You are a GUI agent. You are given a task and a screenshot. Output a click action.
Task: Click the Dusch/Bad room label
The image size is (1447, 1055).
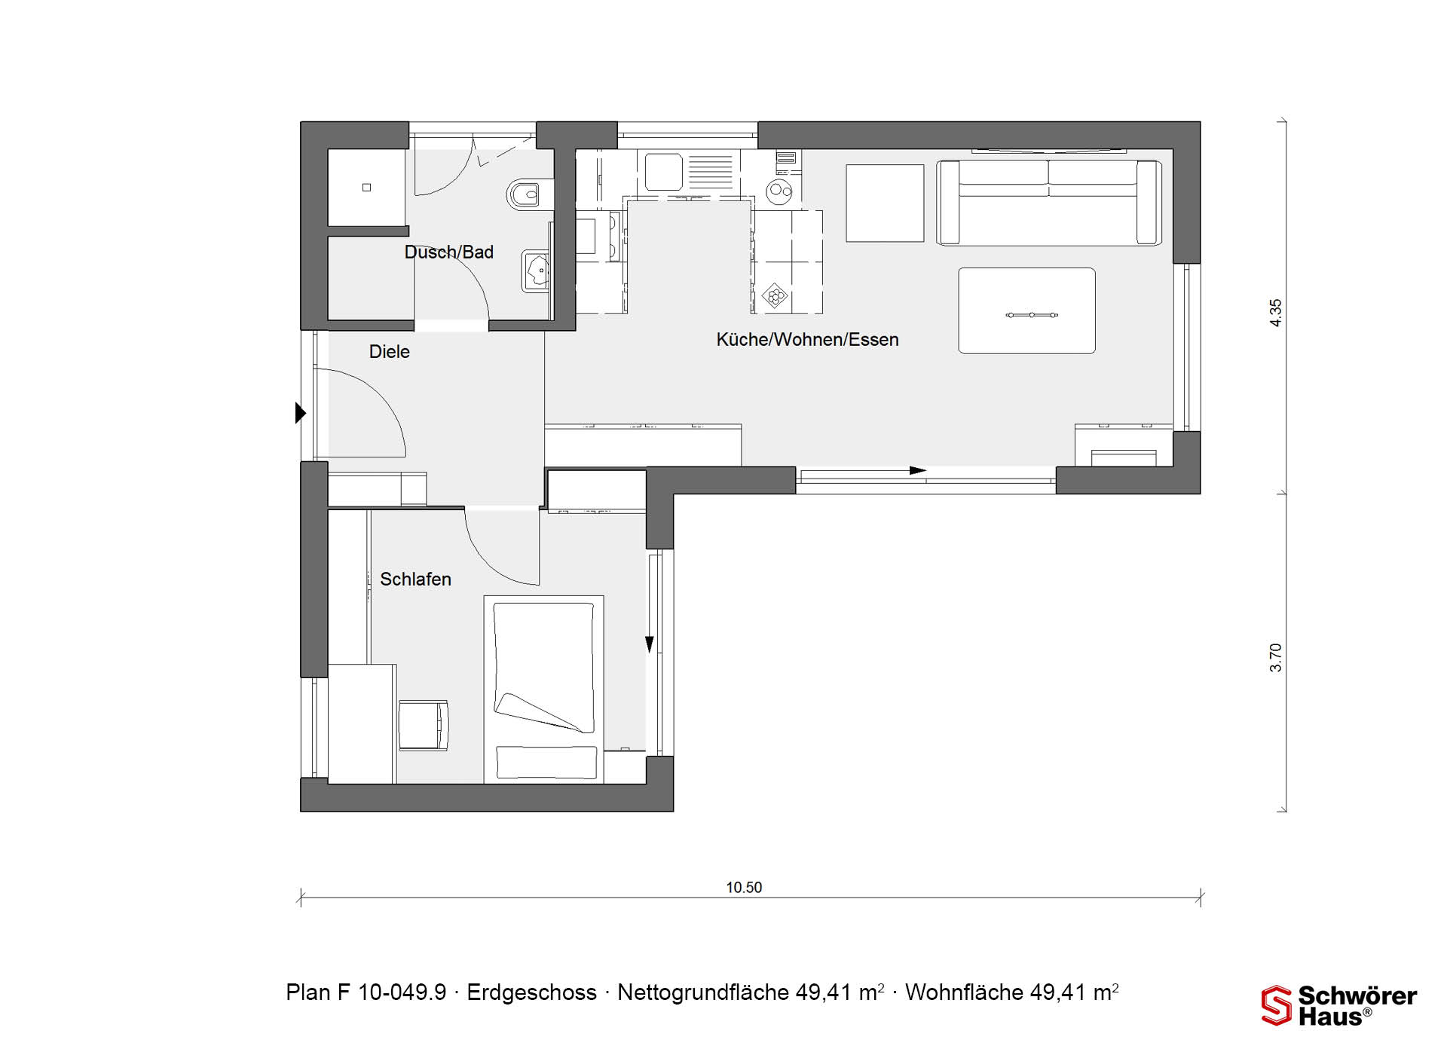coord(449,252)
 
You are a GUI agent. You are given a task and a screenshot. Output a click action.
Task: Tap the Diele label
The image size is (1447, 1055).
coord(390,352)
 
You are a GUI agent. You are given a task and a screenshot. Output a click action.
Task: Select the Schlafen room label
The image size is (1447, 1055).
coord(415,579)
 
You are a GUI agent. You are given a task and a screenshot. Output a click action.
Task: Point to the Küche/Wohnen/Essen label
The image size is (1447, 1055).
coord(807,340)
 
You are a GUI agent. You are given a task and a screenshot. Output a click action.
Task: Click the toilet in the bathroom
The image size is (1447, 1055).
coord(524,194)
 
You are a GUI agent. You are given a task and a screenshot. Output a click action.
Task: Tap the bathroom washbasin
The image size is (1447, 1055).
coord(536,271)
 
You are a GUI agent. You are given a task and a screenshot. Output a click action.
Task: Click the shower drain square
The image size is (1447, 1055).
coord(366,188)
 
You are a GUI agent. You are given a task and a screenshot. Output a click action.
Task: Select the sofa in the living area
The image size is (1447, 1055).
coord(1048,203)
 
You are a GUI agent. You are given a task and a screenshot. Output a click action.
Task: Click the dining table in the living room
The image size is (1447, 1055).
coord(1026,310)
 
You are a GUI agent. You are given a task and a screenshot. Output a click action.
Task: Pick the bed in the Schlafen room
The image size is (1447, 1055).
coord(543,689)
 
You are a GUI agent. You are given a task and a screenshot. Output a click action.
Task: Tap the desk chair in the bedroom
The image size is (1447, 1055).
coord(423,725)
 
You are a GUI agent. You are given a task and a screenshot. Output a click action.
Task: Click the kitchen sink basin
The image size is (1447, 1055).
coord(663,172)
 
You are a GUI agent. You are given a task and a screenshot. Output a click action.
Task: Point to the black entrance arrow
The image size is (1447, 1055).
coord(301,413)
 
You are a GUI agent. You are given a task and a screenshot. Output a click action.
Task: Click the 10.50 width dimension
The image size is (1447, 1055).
coord(744,888)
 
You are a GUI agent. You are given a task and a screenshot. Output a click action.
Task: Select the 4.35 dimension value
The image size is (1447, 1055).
coord(1275,313)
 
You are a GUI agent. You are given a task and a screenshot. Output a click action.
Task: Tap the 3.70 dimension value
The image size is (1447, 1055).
coord(1275,657)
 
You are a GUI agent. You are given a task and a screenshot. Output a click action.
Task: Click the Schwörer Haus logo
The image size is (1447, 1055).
coord(1339,1006)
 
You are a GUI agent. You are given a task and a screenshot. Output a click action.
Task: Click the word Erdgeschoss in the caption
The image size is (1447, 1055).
coord(531,992)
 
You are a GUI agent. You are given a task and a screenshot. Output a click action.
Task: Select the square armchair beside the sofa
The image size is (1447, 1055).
coord(885,203)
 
